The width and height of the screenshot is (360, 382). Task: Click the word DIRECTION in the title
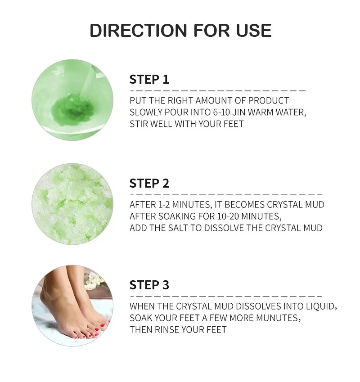tap(138, 31)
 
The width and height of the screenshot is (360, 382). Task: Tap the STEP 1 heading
tap(149, 80)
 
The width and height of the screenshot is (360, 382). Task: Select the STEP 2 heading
tap(149, 184)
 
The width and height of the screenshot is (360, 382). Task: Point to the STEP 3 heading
tap(149, 285)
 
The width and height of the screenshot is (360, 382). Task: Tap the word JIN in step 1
tap(238, 112)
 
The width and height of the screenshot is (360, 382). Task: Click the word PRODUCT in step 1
tap(268, 101)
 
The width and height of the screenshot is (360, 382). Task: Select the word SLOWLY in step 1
tap(146, 112)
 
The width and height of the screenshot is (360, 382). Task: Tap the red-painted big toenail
tap(103, 326)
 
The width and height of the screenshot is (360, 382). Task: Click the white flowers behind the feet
tap(93, 280)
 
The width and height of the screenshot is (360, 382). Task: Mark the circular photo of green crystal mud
tap(72, 204)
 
